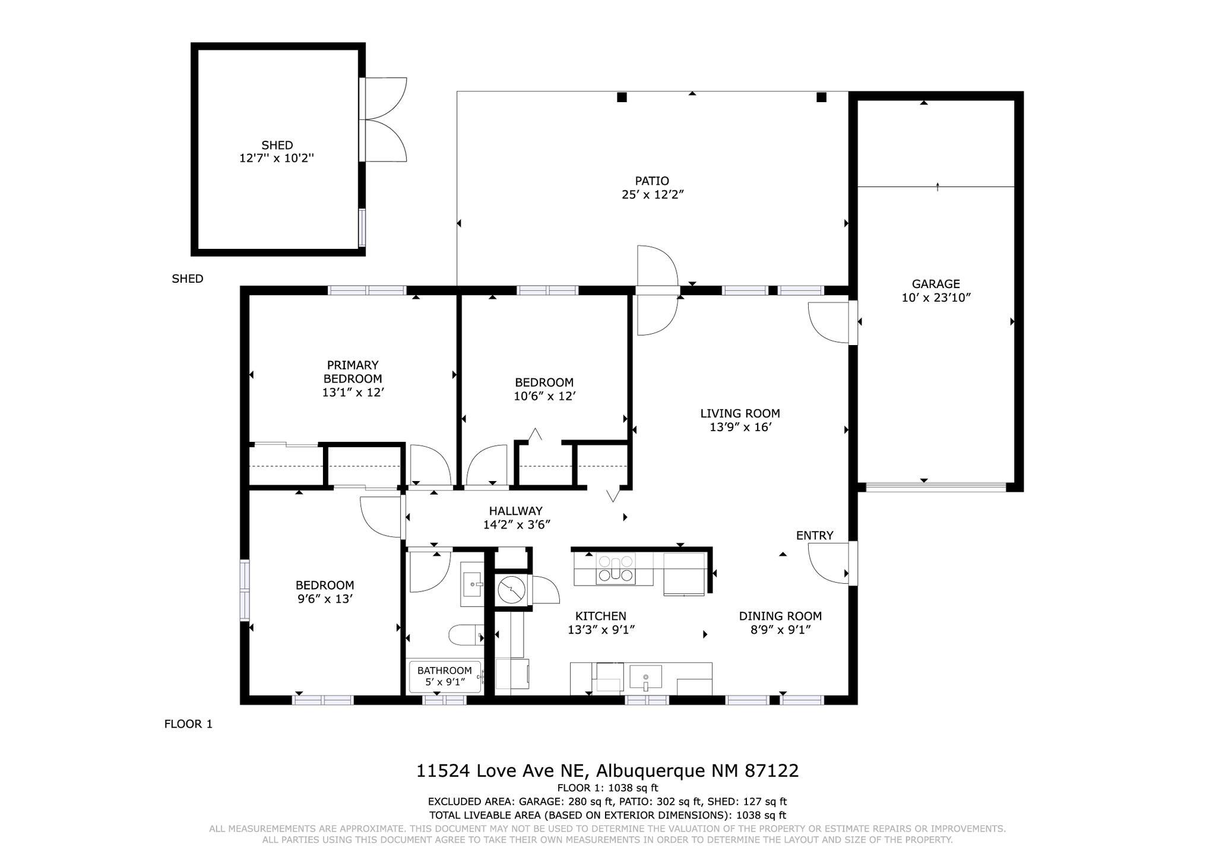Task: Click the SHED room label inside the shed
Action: tap(277, 146)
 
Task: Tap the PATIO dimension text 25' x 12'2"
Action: tap(653, 194)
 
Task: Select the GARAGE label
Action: tap(936, 284)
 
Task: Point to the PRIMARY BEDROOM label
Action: tap(353, 372)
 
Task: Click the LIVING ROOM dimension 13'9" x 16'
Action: tap(740, 427)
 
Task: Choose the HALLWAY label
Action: tap(516, 511)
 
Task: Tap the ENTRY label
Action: tap(815, 536)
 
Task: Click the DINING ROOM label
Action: tap(781, 616)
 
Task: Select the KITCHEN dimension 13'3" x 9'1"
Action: tap(601, 630)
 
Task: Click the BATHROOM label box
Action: tap(445, 676)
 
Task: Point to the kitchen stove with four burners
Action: tap(615, 568)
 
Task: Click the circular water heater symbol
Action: tap(511, 590)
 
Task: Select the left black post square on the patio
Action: tap(622, 97)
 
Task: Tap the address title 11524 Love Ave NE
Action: tap(502, 771)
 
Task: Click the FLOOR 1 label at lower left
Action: tap(188, 724)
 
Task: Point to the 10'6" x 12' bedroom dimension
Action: tap(545, 396)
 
